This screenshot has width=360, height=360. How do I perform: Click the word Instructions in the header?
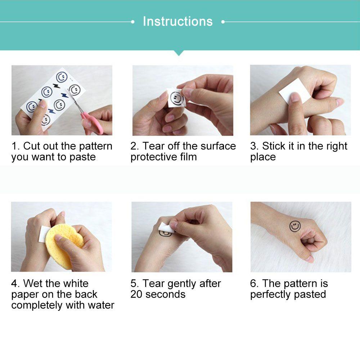tap(178, 21)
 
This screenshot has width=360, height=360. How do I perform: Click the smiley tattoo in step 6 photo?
tap(295, 226)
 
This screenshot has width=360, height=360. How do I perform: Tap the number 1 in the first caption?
tap(15, 146)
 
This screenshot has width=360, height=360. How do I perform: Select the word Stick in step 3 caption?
tap(274, 146)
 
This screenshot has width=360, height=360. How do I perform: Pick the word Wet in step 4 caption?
tap(33, 283)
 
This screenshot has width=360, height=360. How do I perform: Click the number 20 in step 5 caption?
tap(136, 294)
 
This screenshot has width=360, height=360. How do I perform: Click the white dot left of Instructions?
tap(132, 22)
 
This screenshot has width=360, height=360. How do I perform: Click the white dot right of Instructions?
tap(223, 22)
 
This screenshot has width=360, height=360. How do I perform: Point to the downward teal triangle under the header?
tap(179, 53)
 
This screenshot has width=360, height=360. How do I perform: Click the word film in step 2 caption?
tap(189, 157)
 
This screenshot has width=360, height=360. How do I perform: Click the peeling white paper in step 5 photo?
tap(165, 227)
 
